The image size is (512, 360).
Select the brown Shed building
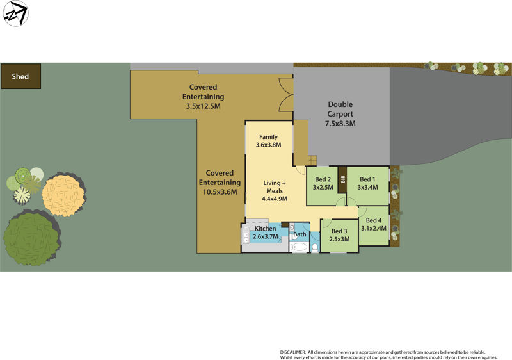pos(20,76)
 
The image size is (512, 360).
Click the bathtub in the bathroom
pos(299,247)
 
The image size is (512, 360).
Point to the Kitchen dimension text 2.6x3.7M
pos(266,237)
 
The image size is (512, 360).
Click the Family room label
pos(268,137)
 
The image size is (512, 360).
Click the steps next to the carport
pos(312,160)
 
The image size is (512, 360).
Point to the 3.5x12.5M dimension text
pos(203,106)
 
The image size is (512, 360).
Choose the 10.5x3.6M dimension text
pos(220,192)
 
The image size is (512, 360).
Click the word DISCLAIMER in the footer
pos(293,352)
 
